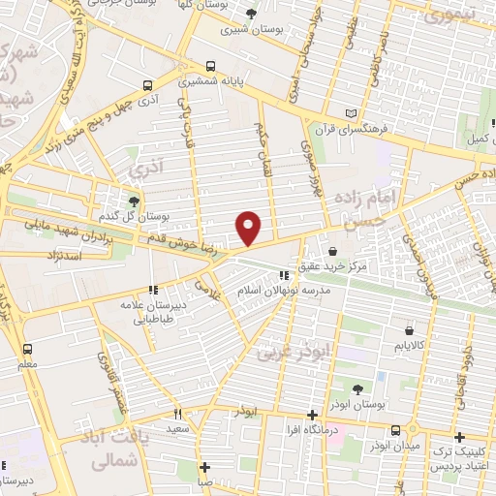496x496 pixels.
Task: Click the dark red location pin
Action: [x=249, y=228]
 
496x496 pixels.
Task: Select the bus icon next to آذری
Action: [x=146, y=85]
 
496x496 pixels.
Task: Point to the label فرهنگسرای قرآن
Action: [x=356, y=127]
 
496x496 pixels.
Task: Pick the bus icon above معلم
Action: [x=26, y=348]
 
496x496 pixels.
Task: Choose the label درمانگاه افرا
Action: [x=311, y=429]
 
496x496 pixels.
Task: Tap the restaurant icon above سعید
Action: [x=178, y=413]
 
